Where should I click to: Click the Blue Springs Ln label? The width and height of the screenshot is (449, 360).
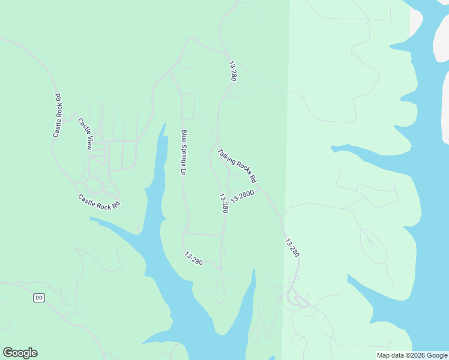click(184, 152)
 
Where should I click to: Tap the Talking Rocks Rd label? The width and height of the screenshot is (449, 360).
click(237, 166)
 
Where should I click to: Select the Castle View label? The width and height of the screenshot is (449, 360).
click(86, 133)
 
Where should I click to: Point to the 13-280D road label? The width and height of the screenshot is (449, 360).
click(243, 197)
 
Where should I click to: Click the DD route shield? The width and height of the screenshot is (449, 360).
click(39, 297)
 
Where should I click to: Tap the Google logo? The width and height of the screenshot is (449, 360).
click(20, 353)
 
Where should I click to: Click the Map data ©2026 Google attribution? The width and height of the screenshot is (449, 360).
click(412, 355)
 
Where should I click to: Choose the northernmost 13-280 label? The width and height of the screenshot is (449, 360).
click(232, 71)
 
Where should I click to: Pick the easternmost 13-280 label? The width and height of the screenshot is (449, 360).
click(292, 248)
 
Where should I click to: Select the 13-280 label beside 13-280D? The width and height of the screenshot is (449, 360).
click(223, 203)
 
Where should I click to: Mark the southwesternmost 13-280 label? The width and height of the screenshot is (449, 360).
click(193, 258)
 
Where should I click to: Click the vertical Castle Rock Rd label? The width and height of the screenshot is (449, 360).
click(57, 116)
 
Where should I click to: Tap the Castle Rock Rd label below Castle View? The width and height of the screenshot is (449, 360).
click(99, 201)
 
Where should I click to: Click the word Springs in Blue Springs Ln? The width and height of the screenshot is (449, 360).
click(184, 155)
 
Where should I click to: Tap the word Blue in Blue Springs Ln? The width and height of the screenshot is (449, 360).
click(184, 136)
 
